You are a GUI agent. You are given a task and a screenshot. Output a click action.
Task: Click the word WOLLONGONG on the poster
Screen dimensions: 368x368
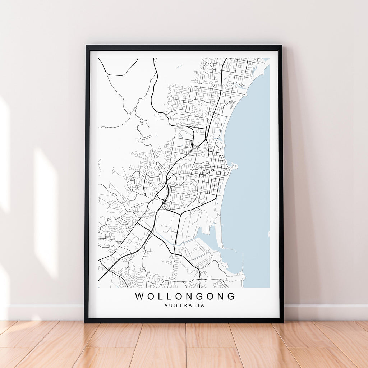[185, 296]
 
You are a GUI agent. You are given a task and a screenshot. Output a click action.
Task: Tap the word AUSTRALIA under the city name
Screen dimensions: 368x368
[184, 305]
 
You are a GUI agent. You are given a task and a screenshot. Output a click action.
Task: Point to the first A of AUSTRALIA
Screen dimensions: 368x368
[166, 305]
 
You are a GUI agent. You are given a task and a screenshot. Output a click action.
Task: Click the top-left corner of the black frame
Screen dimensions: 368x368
[87, 46]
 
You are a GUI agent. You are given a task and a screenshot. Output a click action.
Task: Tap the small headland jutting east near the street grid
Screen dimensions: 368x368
[234, 166]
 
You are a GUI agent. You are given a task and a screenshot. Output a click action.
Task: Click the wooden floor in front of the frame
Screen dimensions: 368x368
[184, 345]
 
